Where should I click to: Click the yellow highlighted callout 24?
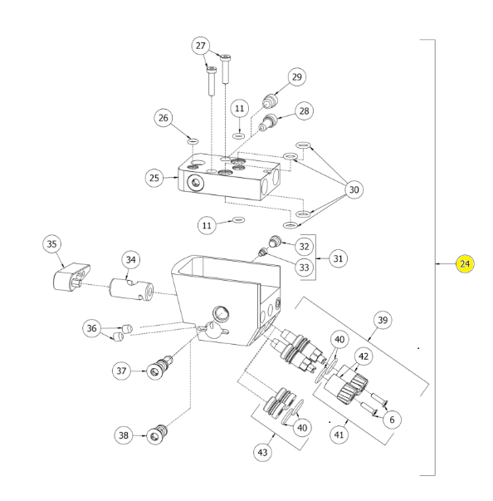[465, 264]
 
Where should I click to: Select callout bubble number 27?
[200, 46]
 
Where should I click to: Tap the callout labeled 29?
[297, 77]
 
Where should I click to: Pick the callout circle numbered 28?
[304, 111]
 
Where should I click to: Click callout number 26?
[163, 118]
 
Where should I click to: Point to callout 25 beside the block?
[154, 178]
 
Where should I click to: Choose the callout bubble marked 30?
[354, 189]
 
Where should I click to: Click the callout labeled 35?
[51, 244]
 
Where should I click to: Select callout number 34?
[131, 260]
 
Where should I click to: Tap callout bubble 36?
[91, 328]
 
